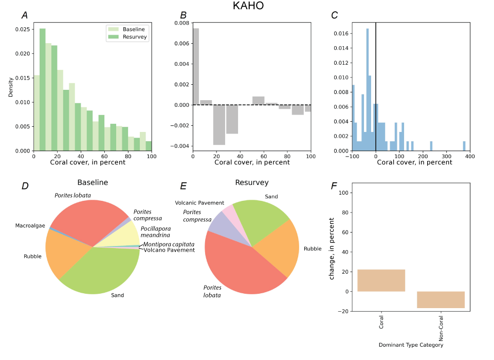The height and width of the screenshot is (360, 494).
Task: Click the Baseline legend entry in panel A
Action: coord(133,29)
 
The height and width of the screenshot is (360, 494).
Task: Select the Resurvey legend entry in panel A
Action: coord(134,37)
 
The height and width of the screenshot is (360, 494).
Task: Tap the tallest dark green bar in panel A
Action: coord(43,89)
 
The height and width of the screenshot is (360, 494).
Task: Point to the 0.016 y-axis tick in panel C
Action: coord(341,34)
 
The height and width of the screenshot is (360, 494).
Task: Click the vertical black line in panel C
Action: coord(376,87)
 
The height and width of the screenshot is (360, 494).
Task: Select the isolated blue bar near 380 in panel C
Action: coord(464,146)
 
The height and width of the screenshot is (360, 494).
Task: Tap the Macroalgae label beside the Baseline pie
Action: coord(30,225)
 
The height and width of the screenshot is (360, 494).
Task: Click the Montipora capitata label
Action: coord(169,244)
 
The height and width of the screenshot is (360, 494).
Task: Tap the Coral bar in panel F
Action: coord(381,280)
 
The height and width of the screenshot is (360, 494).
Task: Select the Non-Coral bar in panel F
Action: coord(441,299)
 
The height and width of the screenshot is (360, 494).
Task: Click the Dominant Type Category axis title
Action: coord(411,345)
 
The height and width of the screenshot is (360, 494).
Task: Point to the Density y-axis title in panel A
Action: coord(11,87)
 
